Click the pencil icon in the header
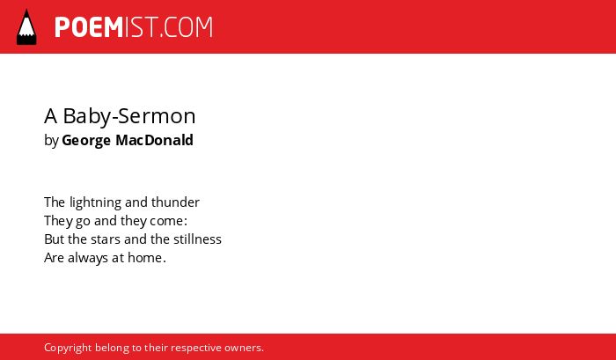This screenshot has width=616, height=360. (26, 27)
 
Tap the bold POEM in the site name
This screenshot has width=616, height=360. (89, 27)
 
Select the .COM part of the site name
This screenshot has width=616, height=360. (186, 27)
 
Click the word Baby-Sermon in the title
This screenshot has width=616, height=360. (129, 116)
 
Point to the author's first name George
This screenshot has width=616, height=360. (86, 141)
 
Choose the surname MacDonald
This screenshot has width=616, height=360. (154, 140)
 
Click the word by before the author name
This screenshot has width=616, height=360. (51, 141)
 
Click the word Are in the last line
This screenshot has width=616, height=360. (55, 258)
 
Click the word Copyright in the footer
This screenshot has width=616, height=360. (68, 348)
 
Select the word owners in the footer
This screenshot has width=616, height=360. (242, 349)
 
